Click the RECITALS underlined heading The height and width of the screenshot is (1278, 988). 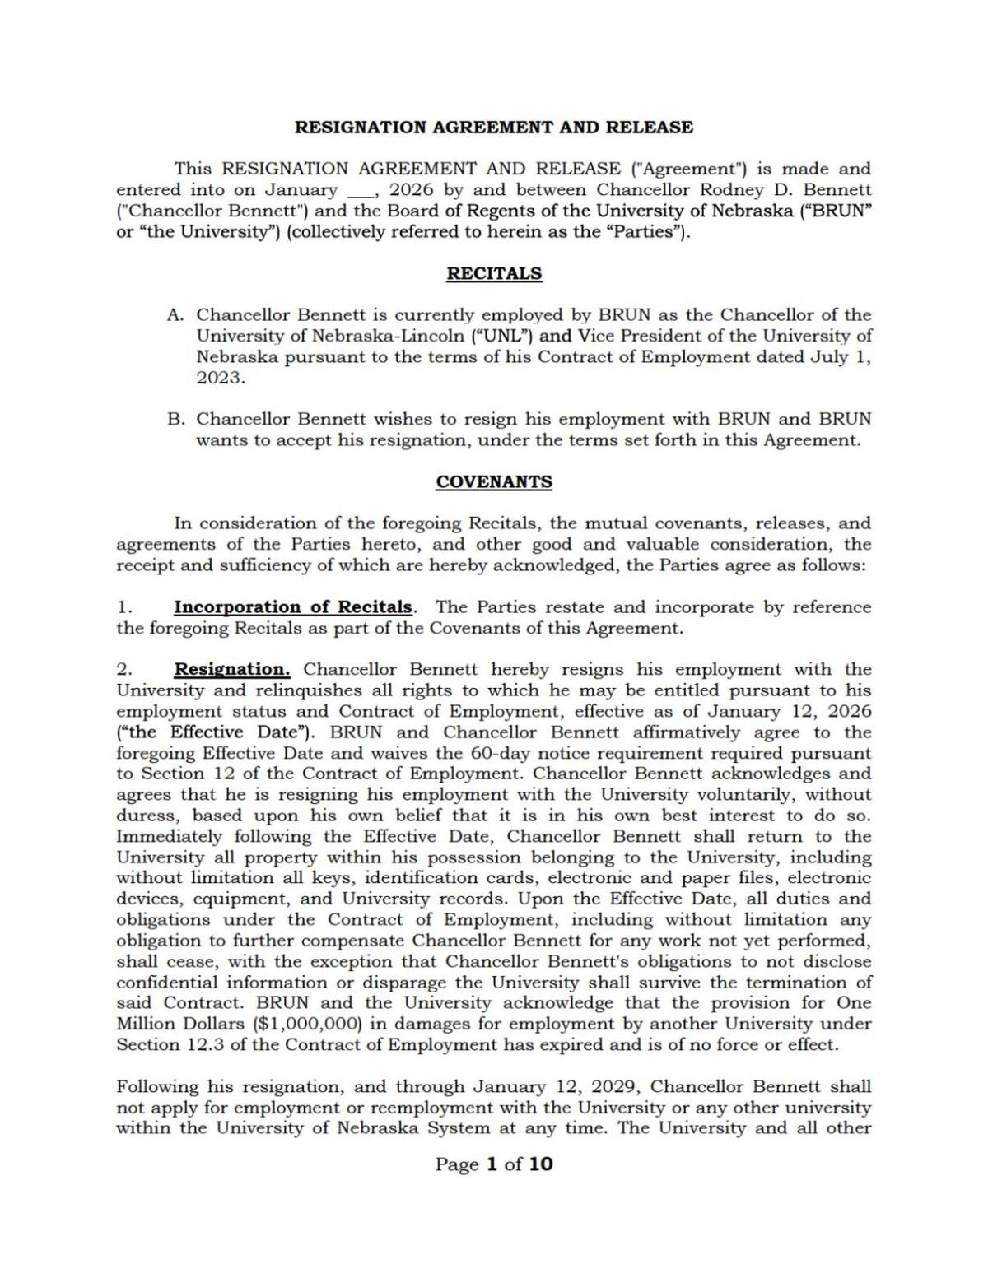point(494,274)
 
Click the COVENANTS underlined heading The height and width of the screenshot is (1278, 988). point(494,482)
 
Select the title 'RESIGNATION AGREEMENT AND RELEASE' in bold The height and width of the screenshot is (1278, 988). point(494,128)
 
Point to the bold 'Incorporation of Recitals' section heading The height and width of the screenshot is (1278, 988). point(292,607)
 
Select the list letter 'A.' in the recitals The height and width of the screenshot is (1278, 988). point(175,315)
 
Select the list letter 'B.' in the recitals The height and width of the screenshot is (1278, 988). point(175,419)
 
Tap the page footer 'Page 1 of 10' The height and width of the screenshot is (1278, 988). point(494,1164)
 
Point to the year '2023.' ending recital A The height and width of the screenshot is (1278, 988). point(221,378)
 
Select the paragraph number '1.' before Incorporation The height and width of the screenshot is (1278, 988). point(124,607)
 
